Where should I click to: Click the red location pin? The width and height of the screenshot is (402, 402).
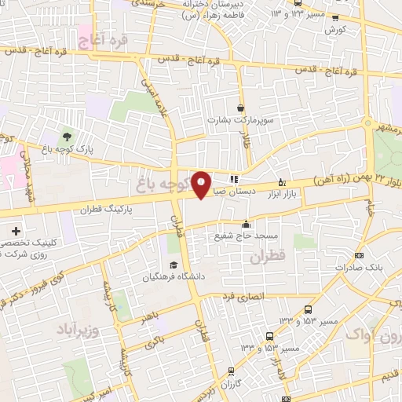click(202, 184)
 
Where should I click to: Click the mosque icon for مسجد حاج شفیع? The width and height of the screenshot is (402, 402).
click(245, 224)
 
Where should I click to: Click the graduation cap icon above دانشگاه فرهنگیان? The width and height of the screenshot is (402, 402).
click(172, 265)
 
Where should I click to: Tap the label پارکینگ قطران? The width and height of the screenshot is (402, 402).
click(108, 210)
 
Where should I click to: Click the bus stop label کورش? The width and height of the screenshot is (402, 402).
click(335, 29)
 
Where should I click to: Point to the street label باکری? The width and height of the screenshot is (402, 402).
click(155, 340)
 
